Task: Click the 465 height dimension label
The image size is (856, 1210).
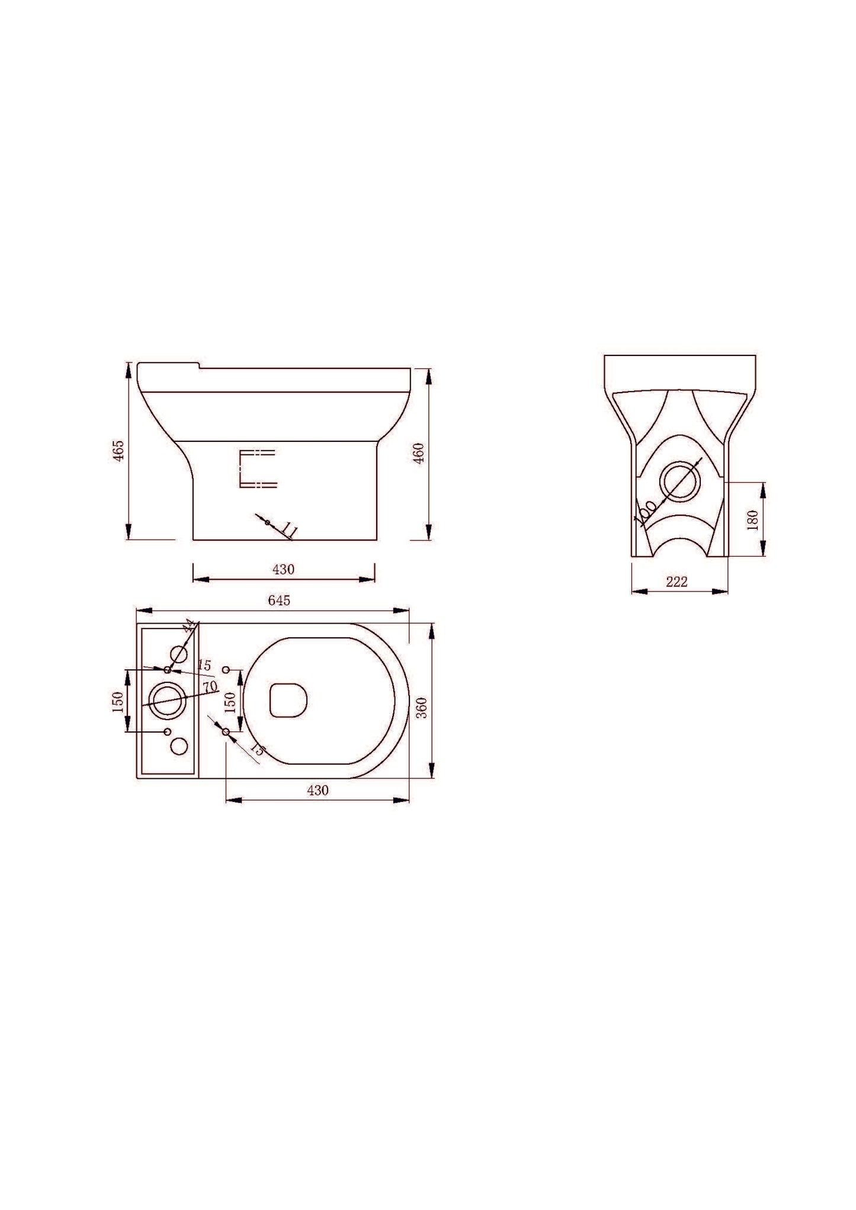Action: click(118, 451)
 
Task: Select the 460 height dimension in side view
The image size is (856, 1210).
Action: click(419, 454)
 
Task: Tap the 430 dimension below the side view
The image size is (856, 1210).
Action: click(283, 570)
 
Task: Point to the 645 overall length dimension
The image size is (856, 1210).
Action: click(279, 601)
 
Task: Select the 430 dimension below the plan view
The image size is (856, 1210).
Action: click(318, 790)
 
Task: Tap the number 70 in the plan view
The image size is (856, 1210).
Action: click(209, 687)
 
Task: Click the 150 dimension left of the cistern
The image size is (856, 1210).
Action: click(118, 701)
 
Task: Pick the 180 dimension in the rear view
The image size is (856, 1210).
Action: click(753, 520)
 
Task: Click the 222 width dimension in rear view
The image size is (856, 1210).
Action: click(677, 582)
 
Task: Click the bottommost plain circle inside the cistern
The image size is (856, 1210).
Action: click(179, 746)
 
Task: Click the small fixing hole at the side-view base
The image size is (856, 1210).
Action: click(268, 522)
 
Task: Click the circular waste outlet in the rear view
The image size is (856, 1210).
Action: click(679, 482)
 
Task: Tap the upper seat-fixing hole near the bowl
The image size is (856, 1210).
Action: click(226, 669)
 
